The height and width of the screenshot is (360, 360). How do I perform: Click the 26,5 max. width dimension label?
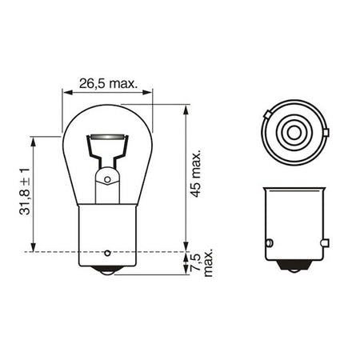click(x=108, y=84)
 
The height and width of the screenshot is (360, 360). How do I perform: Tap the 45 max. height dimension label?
click(x=196, y=174)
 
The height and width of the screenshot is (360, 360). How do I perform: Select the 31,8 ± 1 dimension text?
click(x=25, y=191)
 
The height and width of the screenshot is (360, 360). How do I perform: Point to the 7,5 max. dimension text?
click(x=203, y=263)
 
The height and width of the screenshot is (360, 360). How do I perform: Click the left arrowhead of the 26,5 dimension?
click(x=67, y=92)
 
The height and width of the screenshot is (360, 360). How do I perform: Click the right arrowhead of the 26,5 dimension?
click(x=147, y=92)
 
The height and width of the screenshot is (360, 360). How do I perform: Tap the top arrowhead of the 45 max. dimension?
click(x=186, y=110)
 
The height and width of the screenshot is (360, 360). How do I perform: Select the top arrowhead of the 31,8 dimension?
click(x=33, y=142)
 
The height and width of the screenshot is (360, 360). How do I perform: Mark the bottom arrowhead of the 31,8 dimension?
click(x=33, y=246)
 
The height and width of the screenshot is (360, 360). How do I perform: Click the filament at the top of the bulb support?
click(x=107, y=137)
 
